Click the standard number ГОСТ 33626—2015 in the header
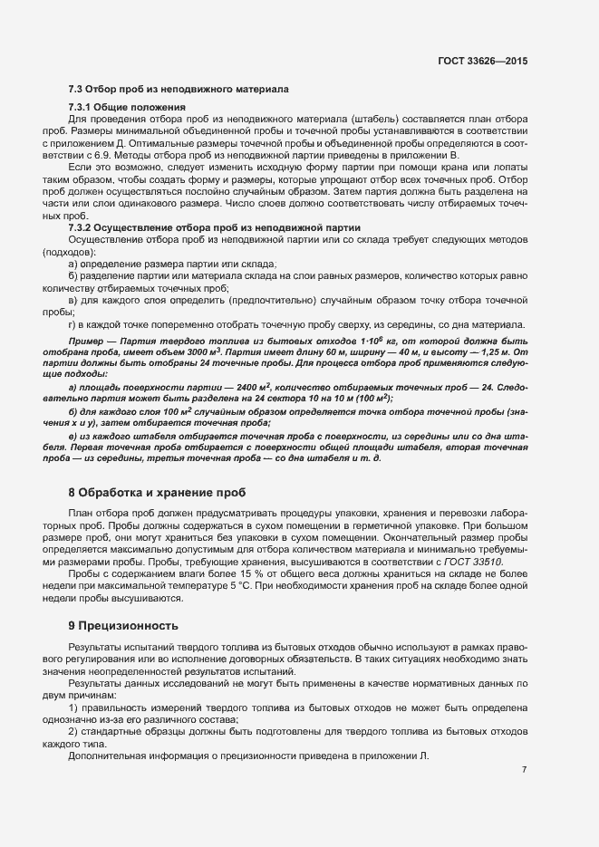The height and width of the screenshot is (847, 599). click(482, 62)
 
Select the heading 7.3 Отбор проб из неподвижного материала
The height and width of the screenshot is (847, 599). click(179, 90)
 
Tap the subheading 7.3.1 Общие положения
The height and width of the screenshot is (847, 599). click(127, 107)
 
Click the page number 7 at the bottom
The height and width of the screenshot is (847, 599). click(524, 770)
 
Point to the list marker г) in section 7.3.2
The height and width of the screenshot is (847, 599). click(72, 323)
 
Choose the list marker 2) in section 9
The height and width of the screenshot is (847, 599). click(73, 730)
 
